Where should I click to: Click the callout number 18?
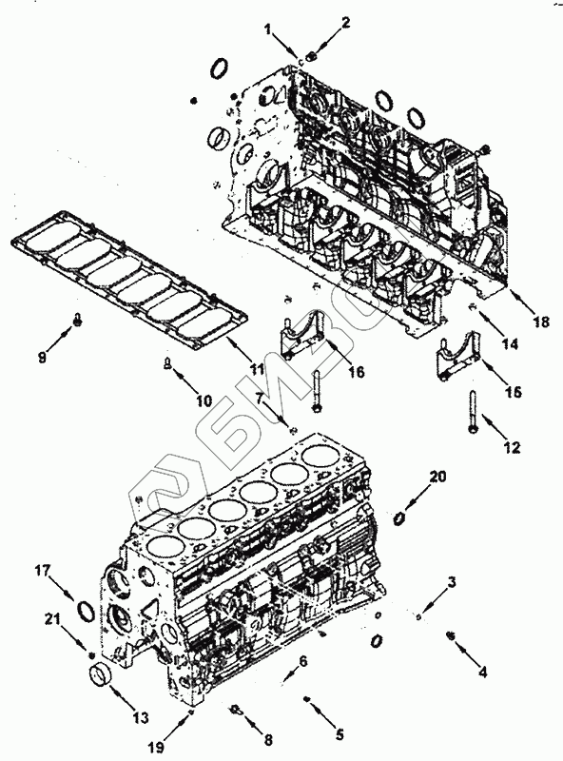coord(540,322)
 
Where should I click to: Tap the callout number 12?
coord(512,447)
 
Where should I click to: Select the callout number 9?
coord(42,359)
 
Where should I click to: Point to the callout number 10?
coord(204,400)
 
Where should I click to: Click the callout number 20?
coord(437,478)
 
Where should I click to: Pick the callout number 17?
coord(42,570)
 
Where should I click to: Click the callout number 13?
coord(141,717)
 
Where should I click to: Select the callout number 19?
coord(156,748)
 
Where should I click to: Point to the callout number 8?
coord(267,740)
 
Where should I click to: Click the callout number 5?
coord(340,734)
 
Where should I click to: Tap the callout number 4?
coord(482,672)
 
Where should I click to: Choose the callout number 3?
coord(452,582)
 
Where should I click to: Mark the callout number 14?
coord(510,344)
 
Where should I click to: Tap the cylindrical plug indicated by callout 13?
coord(101,676)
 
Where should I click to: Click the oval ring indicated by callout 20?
coord(399,518)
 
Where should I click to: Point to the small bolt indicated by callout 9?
coord(77,320)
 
